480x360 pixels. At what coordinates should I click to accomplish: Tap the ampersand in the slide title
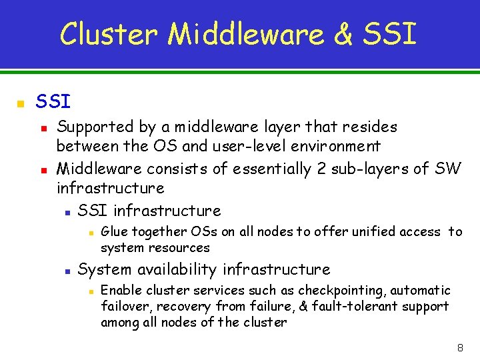coord(343,33)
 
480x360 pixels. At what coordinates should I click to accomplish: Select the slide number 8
coord(459,348)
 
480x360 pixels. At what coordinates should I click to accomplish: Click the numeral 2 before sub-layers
coord(321,169)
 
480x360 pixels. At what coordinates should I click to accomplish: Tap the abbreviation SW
coord(447,169)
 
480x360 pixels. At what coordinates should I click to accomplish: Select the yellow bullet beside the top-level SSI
coord(21,104)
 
